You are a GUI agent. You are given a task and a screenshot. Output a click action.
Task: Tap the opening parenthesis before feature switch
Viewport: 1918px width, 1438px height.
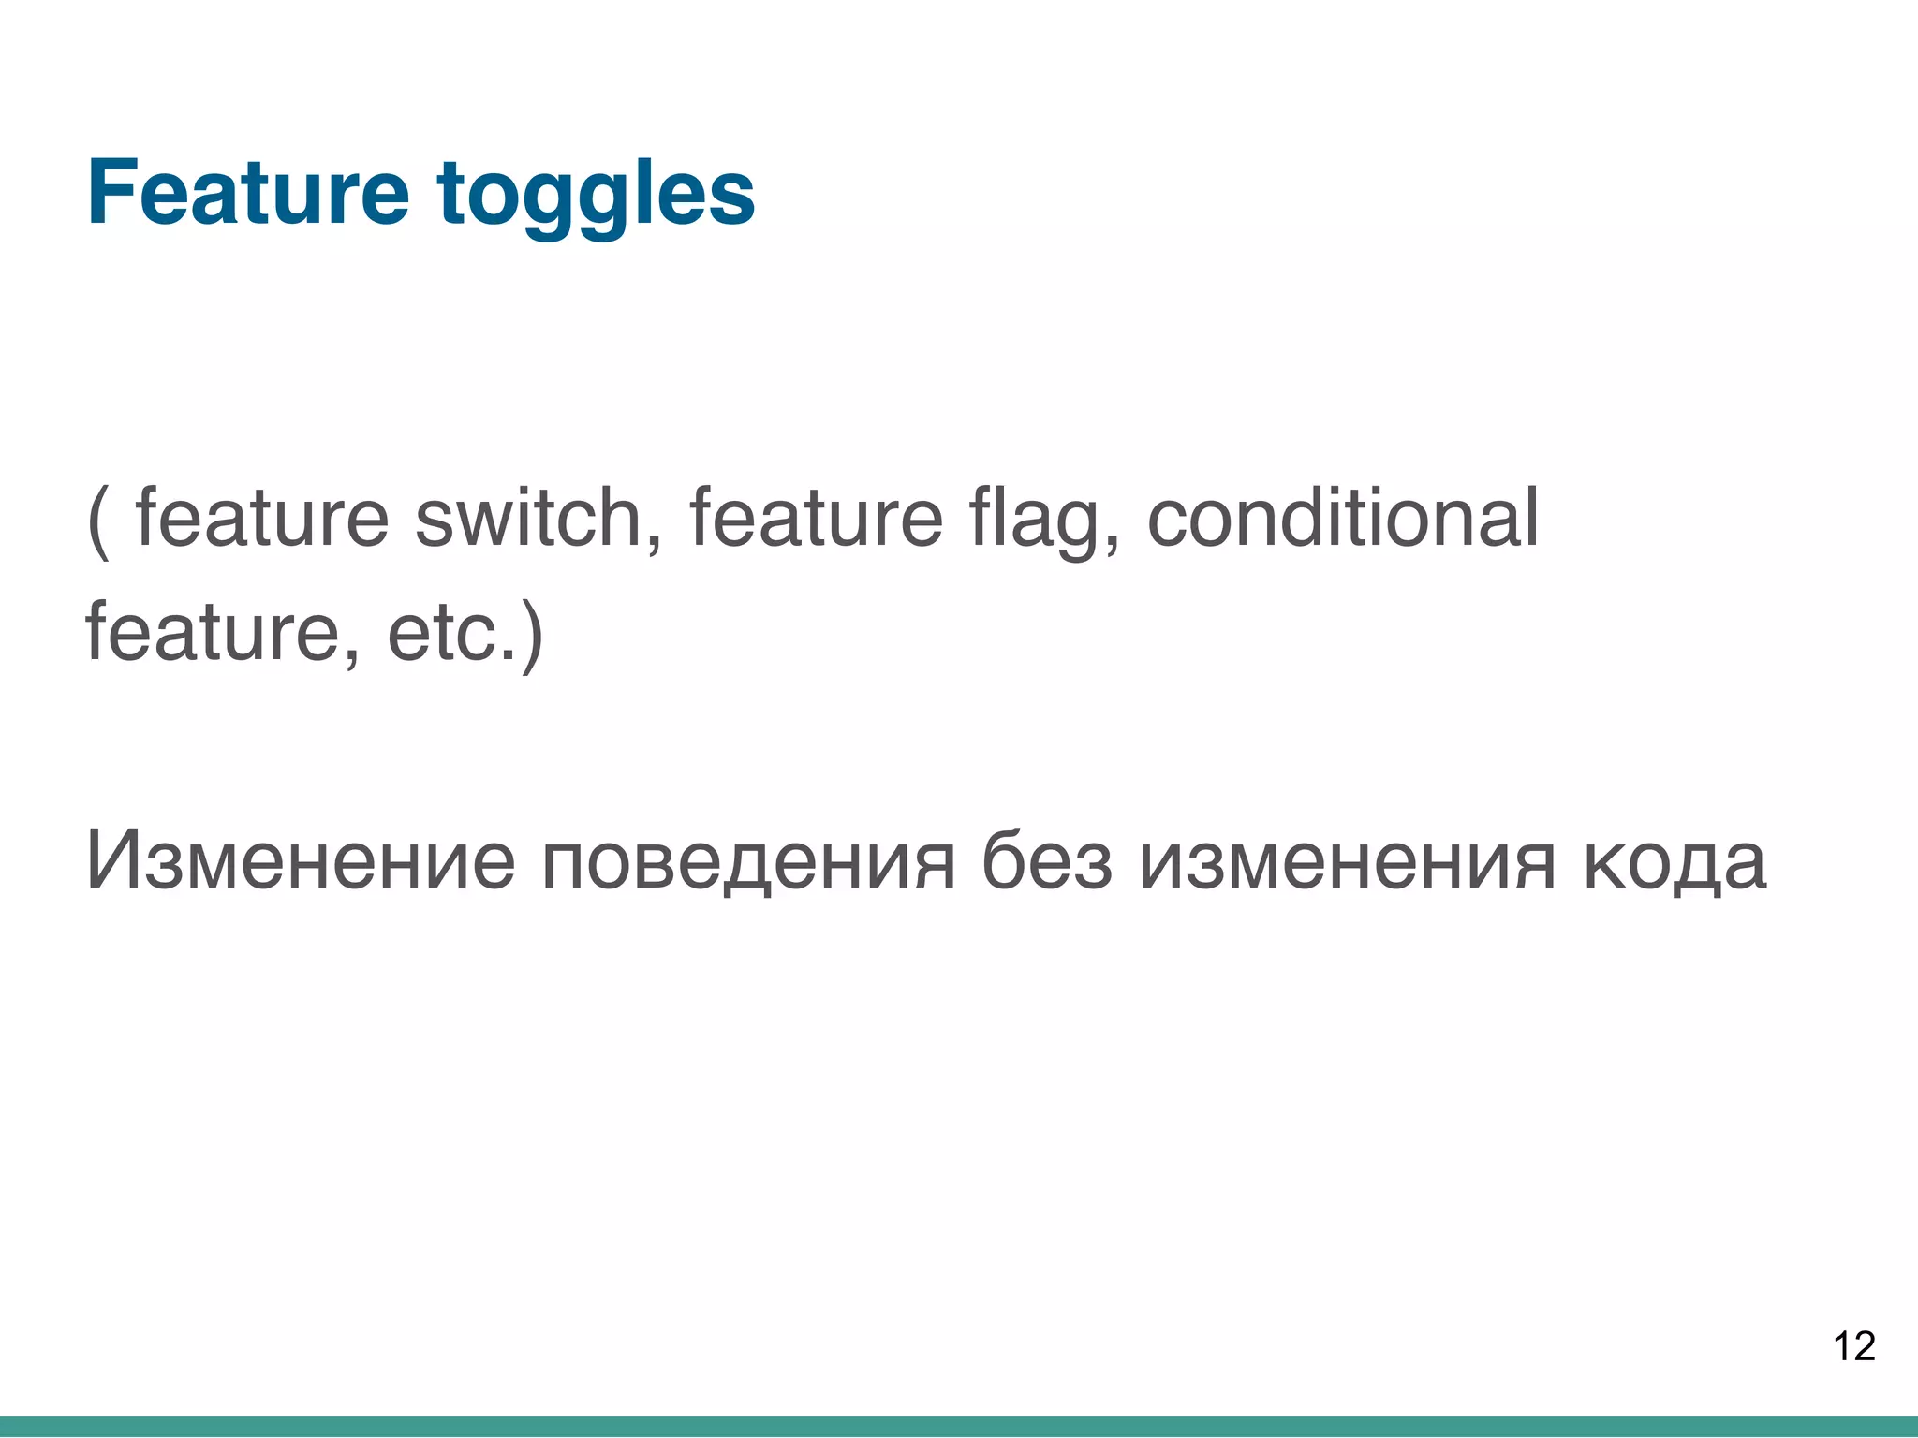tap(97, 521)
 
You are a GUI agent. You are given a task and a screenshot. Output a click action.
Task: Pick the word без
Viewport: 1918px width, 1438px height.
tap(1047, 860)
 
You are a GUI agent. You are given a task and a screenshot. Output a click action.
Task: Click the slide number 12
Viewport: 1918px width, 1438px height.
tap(1853, 1346)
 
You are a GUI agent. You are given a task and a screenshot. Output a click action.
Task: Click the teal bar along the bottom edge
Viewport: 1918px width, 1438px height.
tap(959, 1427)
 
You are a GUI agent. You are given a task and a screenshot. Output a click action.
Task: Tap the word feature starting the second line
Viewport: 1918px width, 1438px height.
tap(212, 633)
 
